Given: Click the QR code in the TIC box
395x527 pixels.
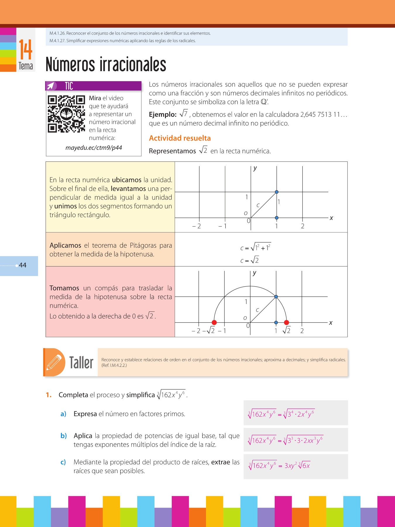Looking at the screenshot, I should tap(66, 114).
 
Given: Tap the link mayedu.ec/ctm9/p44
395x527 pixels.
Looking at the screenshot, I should tap(94, 148).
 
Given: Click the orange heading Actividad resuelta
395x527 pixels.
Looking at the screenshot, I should tap(180, 138).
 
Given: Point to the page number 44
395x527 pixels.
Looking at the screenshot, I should tap(23, 265).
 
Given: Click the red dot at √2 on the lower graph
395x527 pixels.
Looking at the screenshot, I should tap(286, 322).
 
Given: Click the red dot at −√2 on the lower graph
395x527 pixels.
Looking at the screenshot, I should tap(214, 322).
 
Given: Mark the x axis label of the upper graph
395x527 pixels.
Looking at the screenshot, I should tap(331, 218).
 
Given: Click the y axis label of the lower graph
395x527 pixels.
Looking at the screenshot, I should tap(255, 273).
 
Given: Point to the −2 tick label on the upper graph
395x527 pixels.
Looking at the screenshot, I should tap(197, 226).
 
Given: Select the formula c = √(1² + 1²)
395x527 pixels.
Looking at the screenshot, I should tap(255, 247).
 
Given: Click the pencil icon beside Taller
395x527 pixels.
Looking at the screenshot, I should tap(54, 362).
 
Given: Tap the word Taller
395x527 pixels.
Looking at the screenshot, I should tap(81, 363).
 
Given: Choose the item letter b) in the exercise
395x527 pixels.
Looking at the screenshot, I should tap(63, 436).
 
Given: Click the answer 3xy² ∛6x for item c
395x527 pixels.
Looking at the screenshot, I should tap(297, 466).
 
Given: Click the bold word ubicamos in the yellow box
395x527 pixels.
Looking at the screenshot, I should tap(126, 180).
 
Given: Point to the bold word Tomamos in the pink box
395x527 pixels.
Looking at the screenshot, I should tap(64, 288).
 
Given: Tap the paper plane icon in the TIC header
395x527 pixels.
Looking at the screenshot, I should tap(51, 86).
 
